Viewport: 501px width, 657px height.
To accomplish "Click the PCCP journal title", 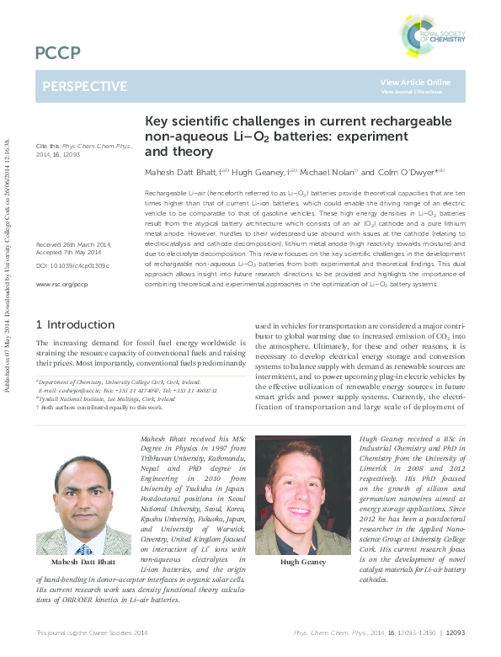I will (58, 54).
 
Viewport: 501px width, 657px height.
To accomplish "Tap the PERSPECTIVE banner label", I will (84, 86).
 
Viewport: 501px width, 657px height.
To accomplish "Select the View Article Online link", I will (415, 82).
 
